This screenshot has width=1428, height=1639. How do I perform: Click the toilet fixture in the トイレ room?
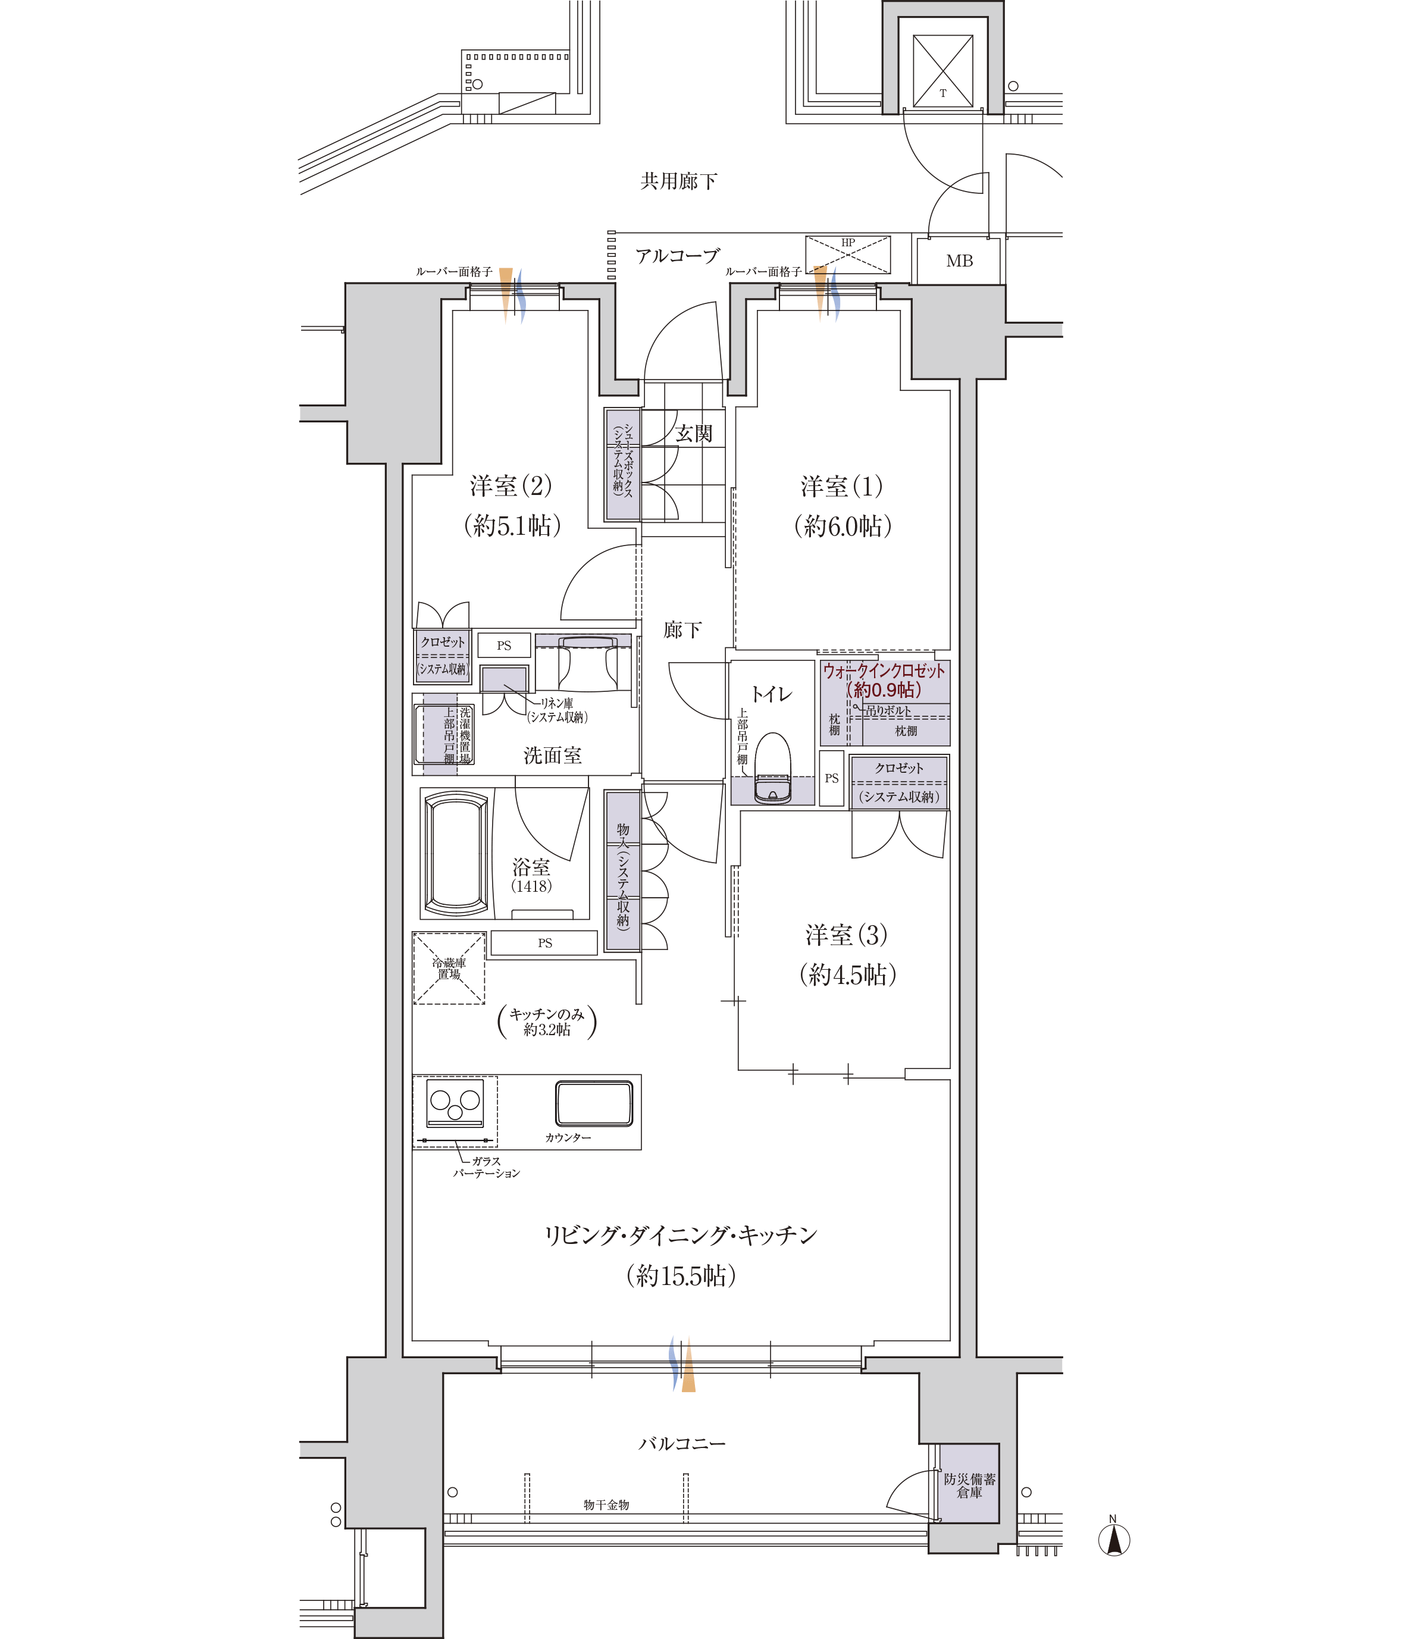(772, 768)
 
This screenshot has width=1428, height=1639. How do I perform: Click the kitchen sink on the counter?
(594, 1103)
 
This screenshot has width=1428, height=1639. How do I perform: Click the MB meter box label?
(959, 261)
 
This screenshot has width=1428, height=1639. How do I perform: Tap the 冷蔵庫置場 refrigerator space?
(449, 968)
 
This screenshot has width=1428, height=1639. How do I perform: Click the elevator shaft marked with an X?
(942, 70)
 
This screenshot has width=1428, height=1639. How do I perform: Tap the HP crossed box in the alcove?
(848, 255)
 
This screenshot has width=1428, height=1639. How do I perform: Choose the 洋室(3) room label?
(846, 935)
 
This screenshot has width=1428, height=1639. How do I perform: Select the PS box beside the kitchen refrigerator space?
(544, 942)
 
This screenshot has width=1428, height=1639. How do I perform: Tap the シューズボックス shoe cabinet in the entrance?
(623, 465)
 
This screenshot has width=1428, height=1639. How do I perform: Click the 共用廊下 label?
(679, 181)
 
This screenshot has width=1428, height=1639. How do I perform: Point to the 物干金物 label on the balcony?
(606, 1505)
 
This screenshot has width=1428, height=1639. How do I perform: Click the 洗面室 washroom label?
(552, 756)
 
